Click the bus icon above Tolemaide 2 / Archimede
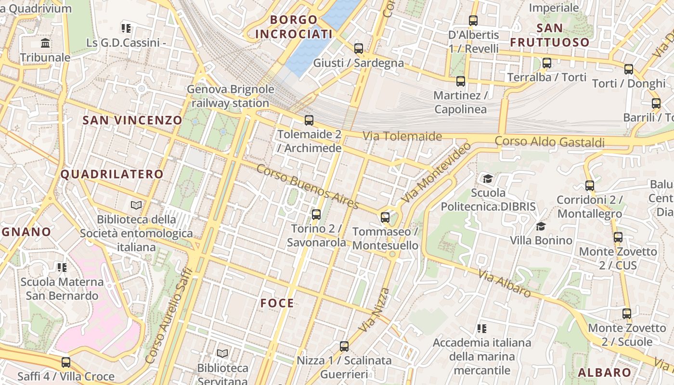(309, 120)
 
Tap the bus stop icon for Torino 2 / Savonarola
(316, 215)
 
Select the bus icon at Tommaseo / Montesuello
(385, 218)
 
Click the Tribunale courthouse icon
(46, 44)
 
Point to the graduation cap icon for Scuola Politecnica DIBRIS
(488, 179)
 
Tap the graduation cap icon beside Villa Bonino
(541, 226)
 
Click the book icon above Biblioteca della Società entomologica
(136, 205)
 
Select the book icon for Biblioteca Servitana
(222, 354)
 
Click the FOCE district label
(277, 303)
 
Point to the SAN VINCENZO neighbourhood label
(132, 120)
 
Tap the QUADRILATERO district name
(112, 174)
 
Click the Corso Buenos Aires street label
(308, 187)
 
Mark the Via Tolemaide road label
(402, 136)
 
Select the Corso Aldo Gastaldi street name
(549, 142)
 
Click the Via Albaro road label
(505, 283)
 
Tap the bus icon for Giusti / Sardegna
(359, 49)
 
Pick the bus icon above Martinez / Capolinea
(461, 81)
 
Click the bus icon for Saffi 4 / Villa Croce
(66, 362)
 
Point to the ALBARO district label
(604, 372)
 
